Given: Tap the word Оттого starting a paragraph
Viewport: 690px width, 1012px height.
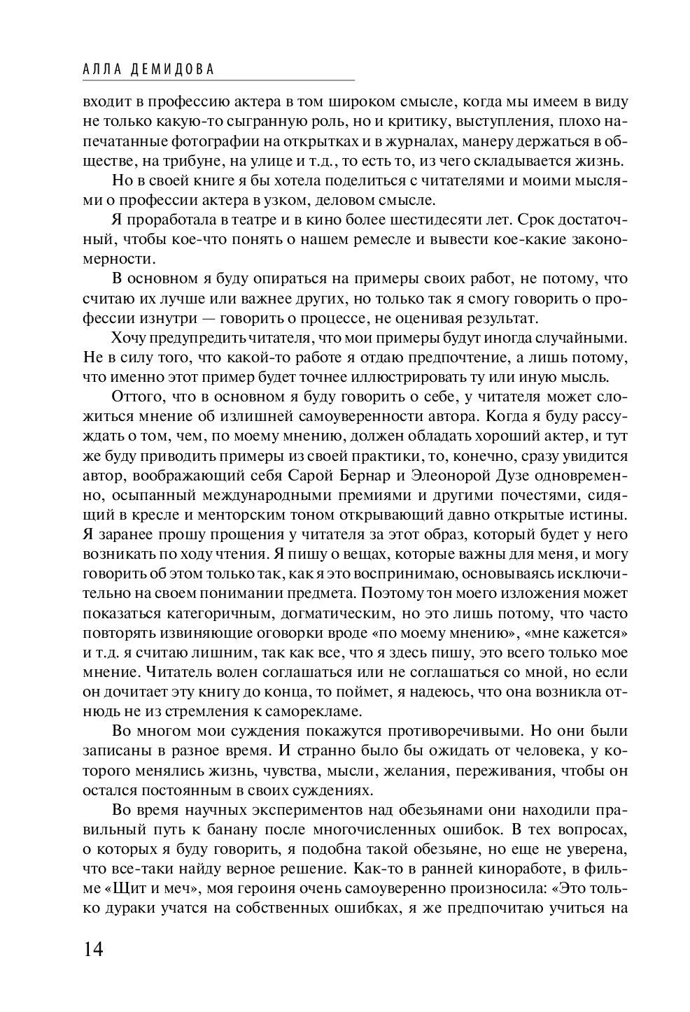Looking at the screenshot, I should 136,397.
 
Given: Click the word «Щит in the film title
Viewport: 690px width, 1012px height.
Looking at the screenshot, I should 124,890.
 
